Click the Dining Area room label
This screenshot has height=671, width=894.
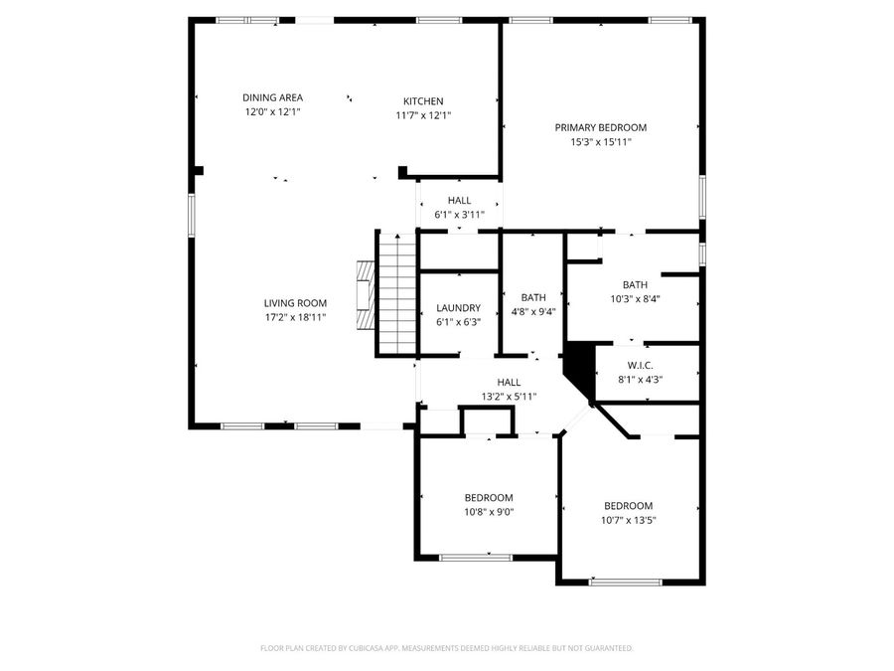273,97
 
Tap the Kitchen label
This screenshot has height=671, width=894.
423,101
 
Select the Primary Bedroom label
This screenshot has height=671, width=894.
601,127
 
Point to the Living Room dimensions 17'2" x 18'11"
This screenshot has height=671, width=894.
295,318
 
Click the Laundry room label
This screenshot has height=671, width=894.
458,308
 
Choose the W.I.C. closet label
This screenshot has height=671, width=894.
640,365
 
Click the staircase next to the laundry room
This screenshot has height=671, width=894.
394,292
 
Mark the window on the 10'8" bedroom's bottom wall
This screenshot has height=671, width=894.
475,558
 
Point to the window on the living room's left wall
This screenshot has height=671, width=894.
191,215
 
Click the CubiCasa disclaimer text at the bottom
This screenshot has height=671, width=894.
446,648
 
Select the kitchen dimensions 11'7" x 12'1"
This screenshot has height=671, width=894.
423,115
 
